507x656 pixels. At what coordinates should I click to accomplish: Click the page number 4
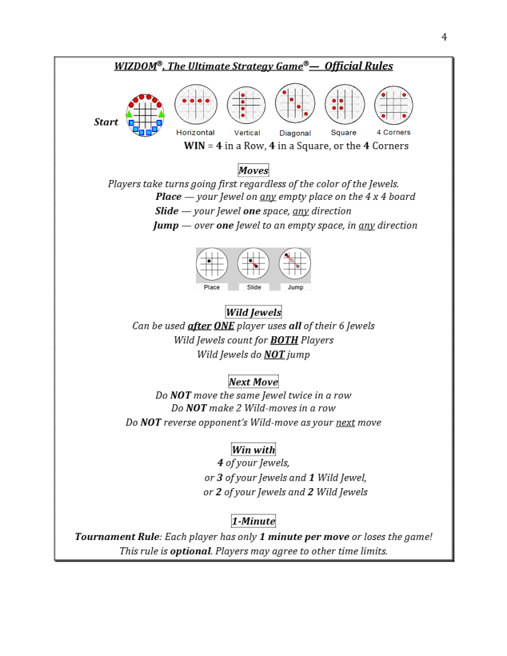pos(444,37)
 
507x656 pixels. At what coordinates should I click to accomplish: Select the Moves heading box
pos(253,170)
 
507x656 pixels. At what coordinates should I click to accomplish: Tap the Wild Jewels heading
pos(253,313)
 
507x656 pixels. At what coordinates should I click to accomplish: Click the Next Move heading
pos(253,382)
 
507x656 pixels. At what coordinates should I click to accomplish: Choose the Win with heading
pos(253,450)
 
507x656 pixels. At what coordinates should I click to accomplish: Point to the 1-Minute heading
pos(253,521)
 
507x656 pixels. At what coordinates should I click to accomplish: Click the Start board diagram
pos(145,115)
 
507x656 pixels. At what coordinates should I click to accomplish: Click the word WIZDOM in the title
pos(136,66)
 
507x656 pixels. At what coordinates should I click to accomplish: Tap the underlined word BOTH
pos(284,340)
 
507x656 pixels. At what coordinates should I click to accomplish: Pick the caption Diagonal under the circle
pos(295,133)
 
